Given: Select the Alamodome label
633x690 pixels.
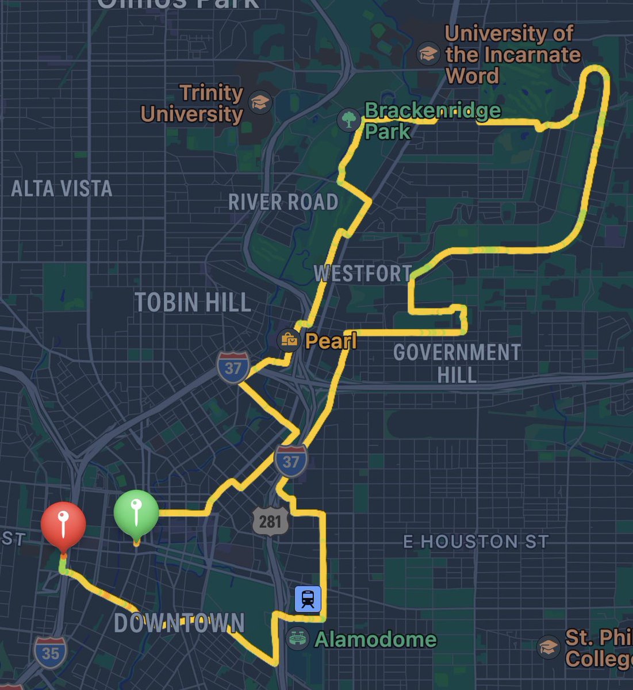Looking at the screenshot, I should coord(375,639).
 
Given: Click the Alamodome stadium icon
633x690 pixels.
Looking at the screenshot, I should coord(297,639).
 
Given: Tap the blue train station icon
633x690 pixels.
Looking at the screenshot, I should coord(308,599).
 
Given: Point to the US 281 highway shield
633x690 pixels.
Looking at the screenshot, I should coord(270,521).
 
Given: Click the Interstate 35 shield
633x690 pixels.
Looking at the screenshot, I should coord(51,653).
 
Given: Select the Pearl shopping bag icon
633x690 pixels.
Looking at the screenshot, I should coord(289,340).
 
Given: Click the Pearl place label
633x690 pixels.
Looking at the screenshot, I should coord(331,341).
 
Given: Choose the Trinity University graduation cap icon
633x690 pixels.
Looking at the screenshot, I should coord(260,103).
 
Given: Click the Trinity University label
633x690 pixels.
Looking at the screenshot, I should coord(193,103).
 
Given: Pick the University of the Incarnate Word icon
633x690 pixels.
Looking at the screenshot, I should coord(428,53).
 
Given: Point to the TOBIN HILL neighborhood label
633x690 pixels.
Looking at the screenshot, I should coord(193,302).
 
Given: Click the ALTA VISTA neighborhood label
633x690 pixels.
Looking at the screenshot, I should coord(62,189).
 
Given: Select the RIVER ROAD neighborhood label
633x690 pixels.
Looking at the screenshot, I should coord(283,202).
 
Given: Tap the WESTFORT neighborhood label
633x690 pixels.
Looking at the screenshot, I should coord(363,274).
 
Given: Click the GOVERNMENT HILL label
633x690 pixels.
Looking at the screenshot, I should coord(457,363).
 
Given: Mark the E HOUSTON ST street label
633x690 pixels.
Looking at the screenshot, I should coord(476,541).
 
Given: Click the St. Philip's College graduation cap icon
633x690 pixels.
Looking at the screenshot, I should coord(548,647).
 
